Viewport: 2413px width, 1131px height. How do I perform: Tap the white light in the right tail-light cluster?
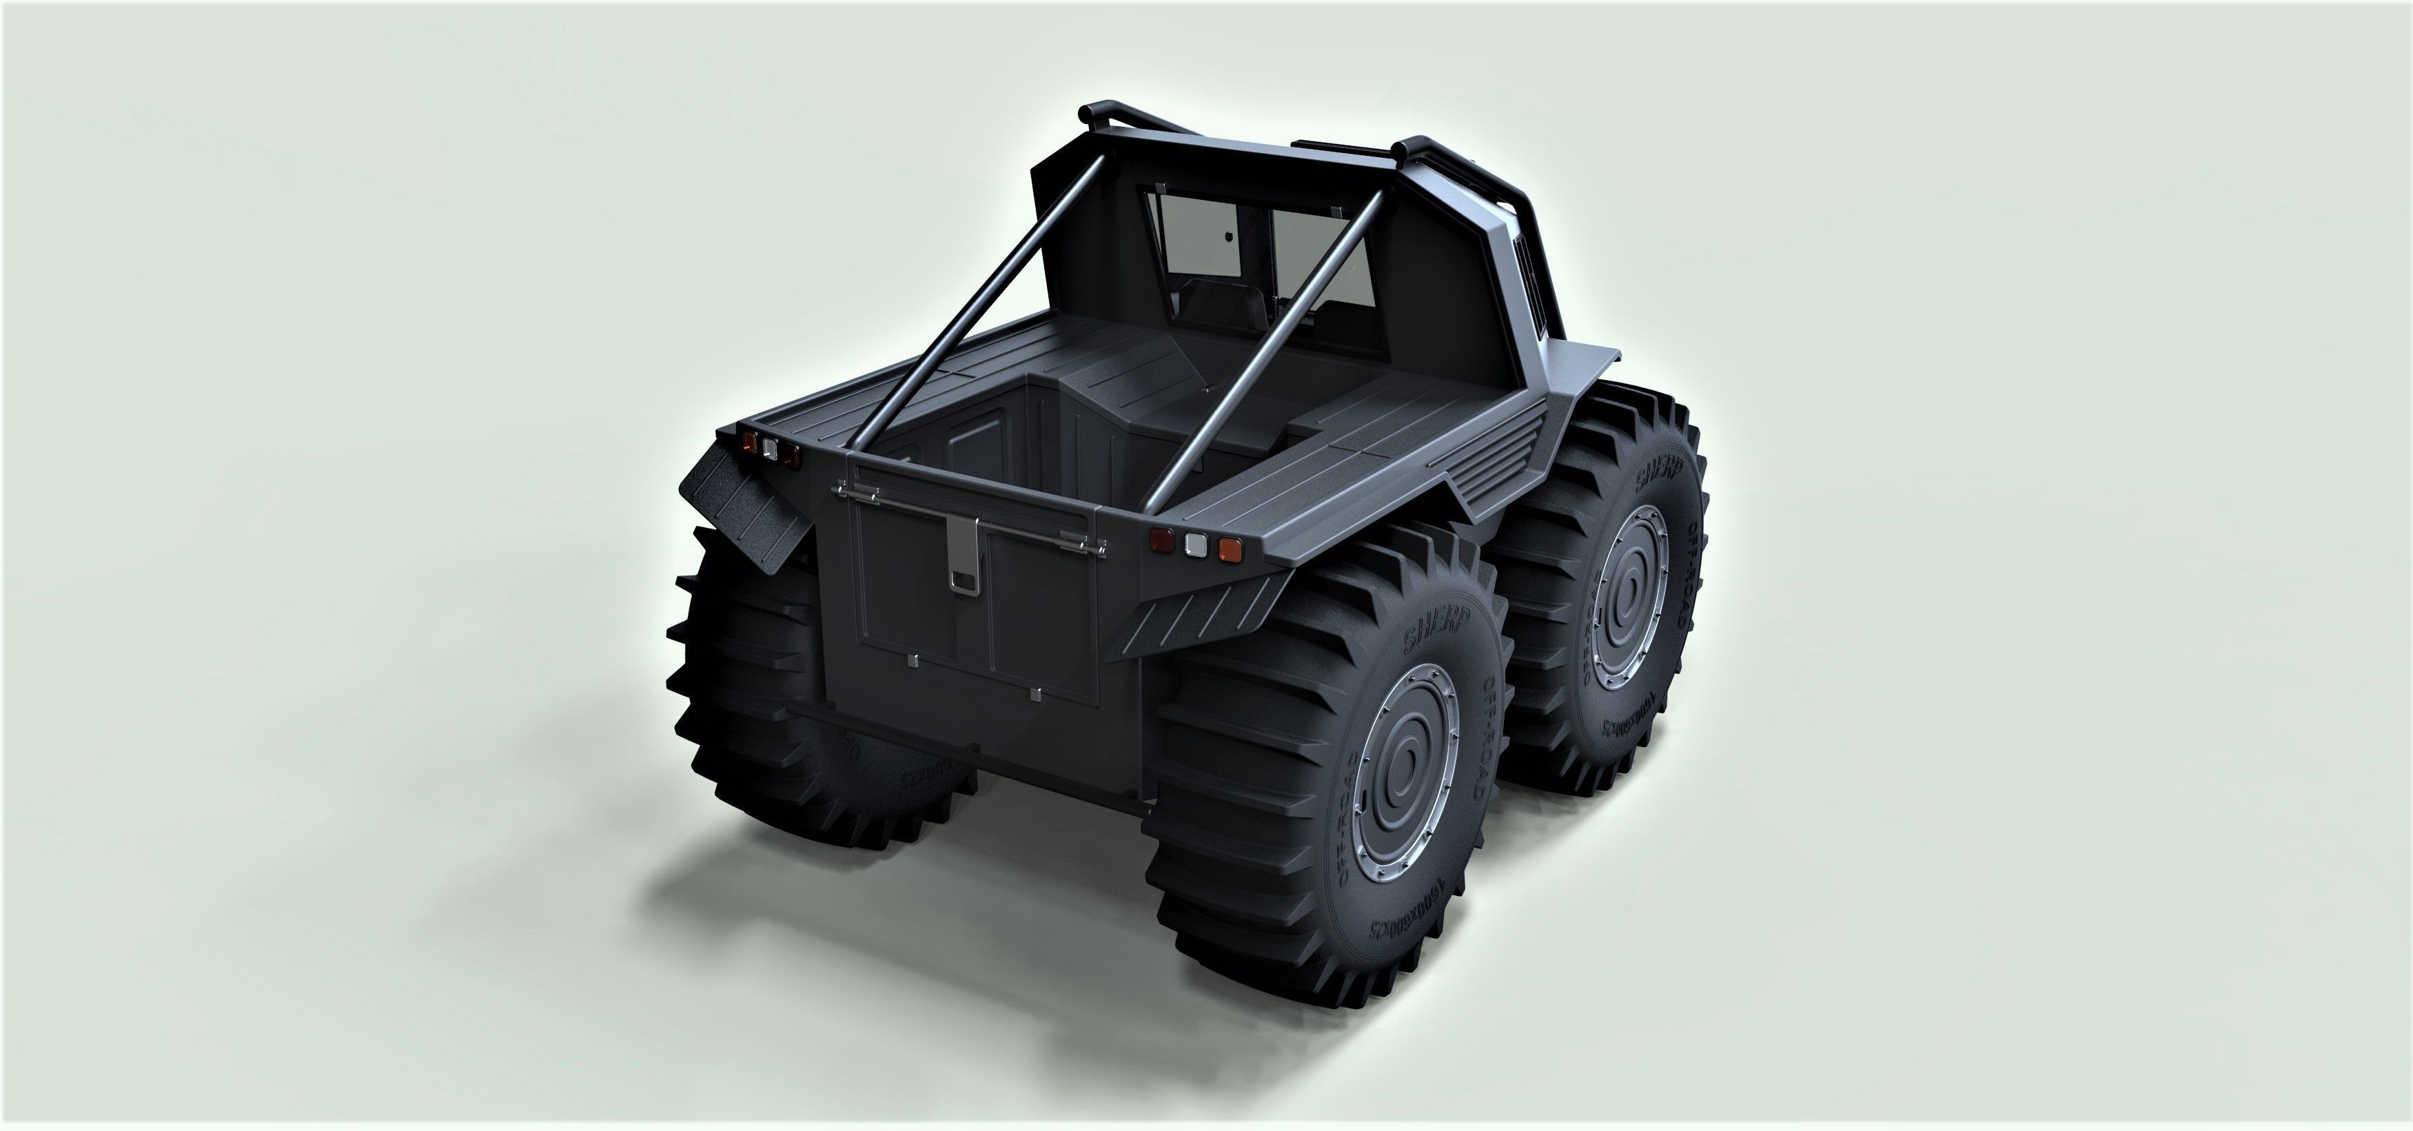(1194, 544)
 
